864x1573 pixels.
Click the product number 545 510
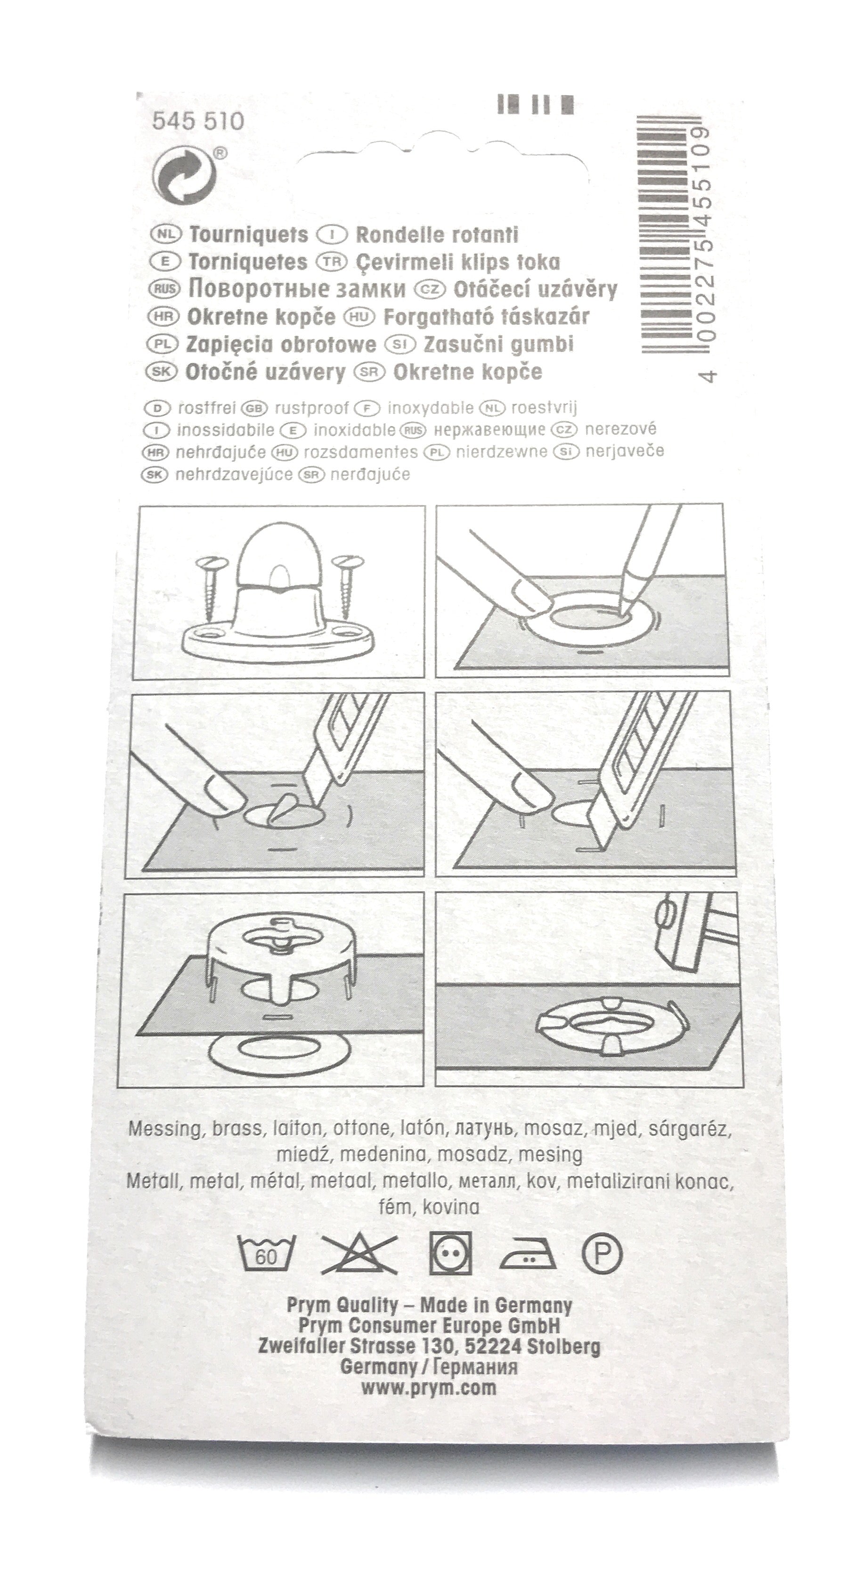point(197,121)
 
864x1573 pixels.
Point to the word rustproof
point(311,408)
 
